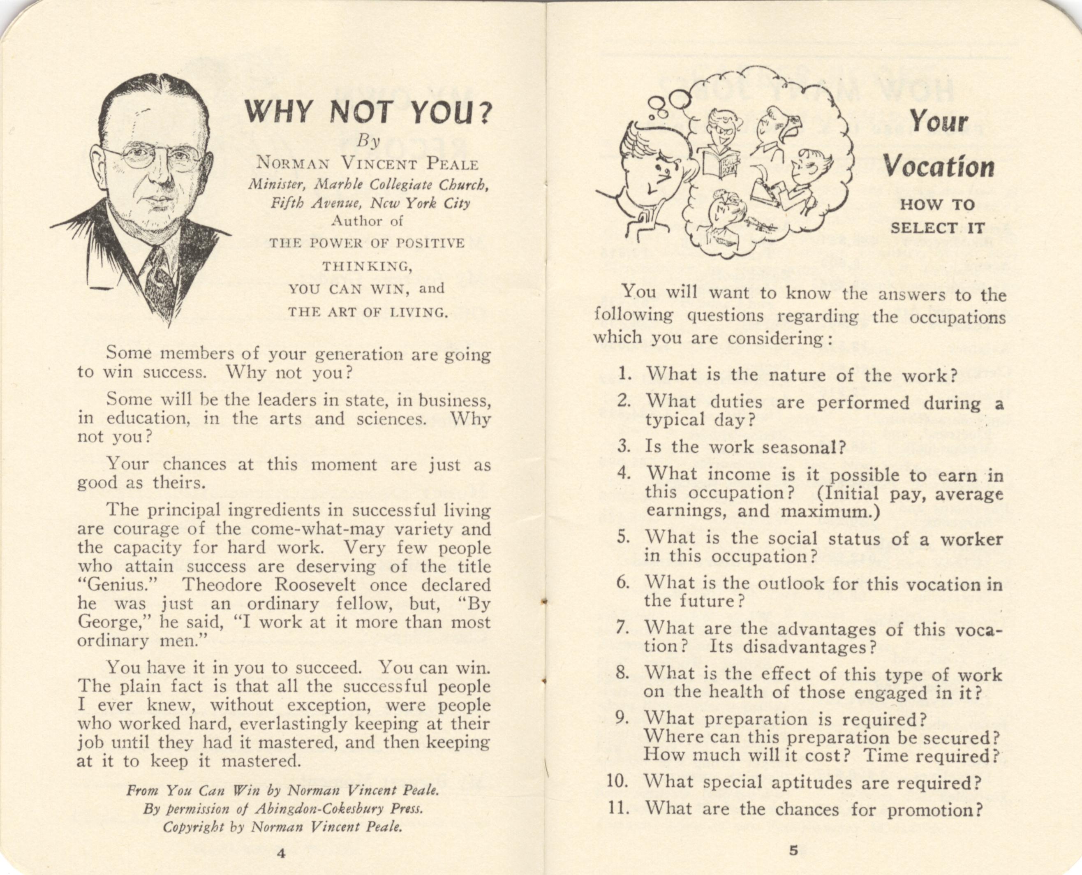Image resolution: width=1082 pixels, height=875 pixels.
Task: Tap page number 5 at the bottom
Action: point(794,851)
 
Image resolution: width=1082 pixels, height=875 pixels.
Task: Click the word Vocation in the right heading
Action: point(939,167)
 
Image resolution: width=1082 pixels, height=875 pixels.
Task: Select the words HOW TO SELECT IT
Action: point(937,216)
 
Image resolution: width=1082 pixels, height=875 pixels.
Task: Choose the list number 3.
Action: point(624,447)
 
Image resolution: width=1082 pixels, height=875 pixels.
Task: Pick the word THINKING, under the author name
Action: point(368,266)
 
